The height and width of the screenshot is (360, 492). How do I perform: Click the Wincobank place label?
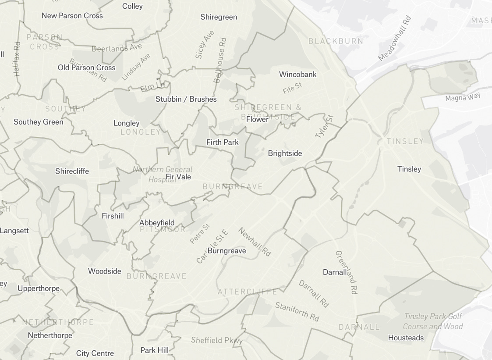click(297, 74)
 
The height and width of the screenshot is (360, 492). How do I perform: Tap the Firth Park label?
click(223, 142)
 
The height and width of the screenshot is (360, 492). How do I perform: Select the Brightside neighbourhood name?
click(285, 153)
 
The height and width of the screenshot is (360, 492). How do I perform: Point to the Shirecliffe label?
click(72, 171)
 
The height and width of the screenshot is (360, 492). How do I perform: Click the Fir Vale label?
click(178, 177)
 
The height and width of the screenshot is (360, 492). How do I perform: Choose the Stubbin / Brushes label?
click(186, 99)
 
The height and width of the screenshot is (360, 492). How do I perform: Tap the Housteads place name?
click(406, 338)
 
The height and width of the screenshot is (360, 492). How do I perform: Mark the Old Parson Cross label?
click(86, 68)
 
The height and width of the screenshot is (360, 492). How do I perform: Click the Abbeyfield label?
click(157, 223)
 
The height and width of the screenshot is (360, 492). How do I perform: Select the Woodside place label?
click(104, 271)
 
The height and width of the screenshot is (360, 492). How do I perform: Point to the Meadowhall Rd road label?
click(395, 38)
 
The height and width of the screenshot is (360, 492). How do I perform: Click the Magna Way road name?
click(463, 96)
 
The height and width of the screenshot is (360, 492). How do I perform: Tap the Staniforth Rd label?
click(297, 311)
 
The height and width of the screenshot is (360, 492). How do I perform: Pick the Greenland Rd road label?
click(346, 272)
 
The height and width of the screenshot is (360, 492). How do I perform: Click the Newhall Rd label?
click(255, 242)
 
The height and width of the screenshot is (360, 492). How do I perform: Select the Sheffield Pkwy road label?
click(216, 340)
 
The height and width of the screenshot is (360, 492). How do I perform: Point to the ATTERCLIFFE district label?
click(247, 292)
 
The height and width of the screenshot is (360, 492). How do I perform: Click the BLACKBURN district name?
click(336, 41)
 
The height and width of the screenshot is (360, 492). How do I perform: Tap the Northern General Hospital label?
click(163, 174)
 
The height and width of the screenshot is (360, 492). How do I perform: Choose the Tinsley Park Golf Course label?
click(433, 321)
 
